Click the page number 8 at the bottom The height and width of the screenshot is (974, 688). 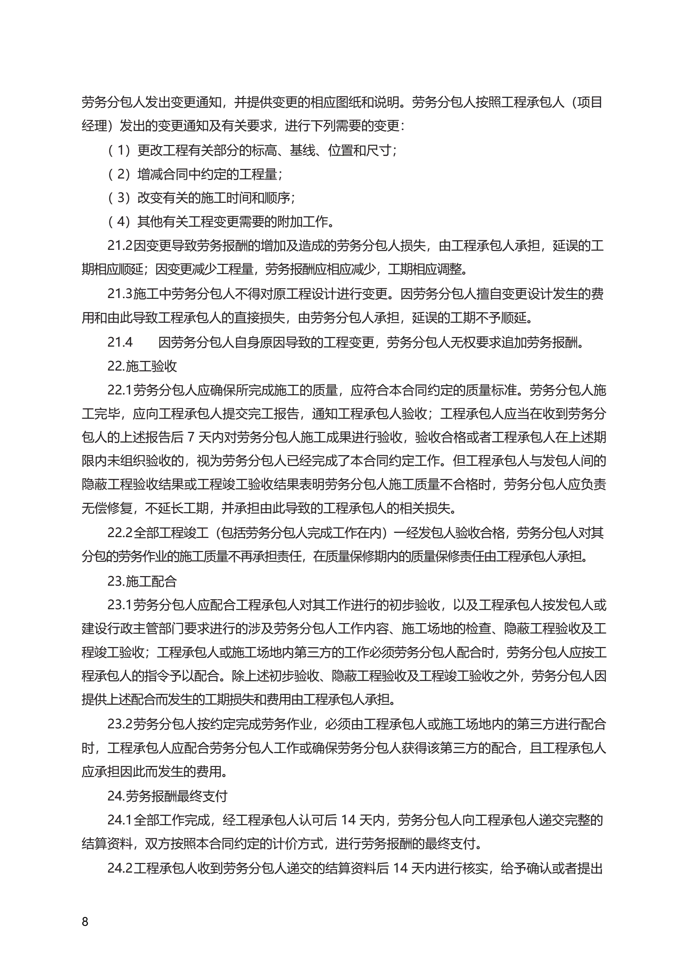click(85, 922)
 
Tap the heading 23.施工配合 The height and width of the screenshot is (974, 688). click(142, 581)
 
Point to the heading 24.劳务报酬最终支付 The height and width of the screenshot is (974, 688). click(167, 796)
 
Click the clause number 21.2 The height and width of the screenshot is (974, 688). click(119, 246)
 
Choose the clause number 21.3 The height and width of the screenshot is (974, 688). click(119, 293)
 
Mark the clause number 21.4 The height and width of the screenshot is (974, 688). click(119, 342)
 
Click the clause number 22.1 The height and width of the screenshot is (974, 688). click(119, 390)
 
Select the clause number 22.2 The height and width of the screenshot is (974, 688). click(119, 533)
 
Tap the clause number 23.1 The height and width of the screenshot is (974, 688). click(119, 605)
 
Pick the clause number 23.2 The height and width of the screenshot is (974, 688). click(119, 724)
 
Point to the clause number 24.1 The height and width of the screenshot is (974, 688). click(119, 820)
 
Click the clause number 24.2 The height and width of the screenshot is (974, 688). click(119, 868)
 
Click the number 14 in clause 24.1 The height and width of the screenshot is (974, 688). click(348, 820)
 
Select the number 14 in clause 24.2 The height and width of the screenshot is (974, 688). click(400, 868)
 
